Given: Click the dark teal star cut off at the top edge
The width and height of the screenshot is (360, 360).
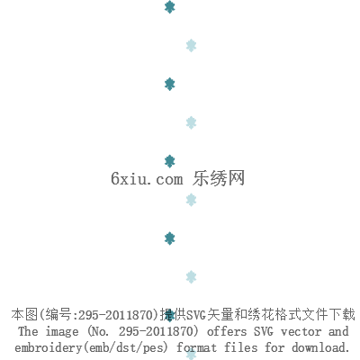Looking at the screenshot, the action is (x=170, y=7).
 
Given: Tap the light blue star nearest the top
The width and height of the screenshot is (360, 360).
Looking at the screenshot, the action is (x=191, y=46).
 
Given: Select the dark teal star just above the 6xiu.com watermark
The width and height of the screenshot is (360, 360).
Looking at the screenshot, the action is (x=170, y=161).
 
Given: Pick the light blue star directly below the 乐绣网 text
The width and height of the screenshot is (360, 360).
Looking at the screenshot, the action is (x=191, y=200).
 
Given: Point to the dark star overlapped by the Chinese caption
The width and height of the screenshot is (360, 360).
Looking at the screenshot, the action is (x=170, y=315).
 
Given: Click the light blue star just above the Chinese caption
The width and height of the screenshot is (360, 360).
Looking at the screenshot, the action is (x=191, y=277).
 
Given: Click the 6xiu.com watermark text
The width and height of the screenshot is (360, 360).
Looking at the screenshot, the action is (x=147, y=179).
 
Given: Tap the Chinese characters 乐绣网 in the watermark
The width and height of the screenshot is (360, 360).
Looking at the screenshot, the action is (x=219, y=178).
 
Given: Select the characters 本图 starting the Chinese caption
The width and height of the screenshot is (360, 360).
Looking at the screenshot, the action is (x=24, y=314).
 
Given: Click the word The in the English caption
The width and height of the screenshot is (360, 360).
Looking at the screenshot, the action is (x=28, y=331).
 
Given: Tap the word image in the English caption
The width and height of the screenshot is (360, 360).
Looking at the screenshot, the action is (x=62, y=332).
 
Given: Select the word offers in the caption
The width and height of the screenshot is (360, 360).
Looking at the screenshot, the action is (x=227, y=331).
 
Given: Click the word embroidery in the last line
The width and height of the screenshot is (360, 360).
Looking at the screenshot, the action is (x=48, y=348).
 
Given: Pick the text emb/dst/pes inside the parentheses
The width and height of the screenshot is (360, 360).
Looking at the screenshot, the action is (x=126, y=348).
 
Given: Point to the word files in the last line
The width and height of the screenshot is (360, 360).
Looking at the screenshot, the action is (x=241, y=347).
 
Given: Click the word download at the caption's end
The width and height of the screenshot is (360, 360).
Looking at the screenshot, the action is (x=320, y=347).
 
